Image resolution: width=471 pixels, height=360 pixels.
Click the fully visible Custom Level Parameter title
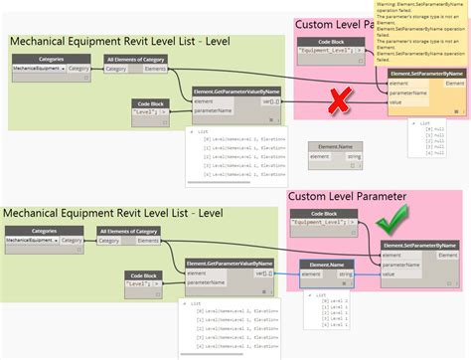coord(348,197)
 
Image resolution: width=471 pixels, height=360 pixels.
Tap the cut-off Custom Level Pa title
coord(333,25)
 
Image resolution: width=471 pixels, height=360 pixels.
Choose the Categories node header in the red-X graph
coord(52,60)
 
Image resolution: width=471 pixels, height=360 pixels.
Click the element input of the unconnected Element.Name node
coord(319,156)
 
